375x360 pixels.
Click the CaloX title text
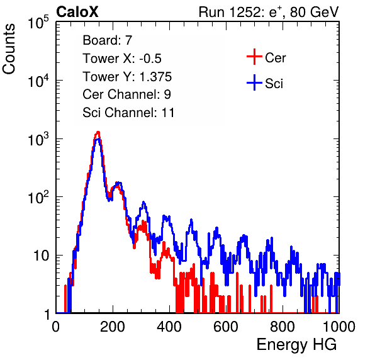(77, 12)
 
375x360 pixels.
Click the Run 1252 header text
(269, 12)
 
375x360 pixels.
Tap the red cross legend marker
(254, 57)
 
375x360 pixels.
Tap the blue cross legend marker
(254, 82)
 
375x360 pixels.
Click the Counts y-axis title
(9, 49)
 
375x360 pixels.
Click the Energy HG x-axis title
(296, 345)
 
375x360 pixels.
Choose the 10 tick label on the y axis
(41, 256)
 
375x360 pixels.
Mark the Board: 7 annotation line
(108, 40)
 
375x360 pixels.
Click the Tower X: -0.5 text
(122, 59)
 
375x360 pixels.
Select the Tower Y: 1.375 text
(127, 77)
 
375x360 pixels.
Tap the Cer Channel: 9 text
(126, 94)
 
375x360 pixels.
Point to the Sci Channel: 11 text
(128, 113)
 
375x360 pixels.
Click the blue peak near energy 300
(143, 202)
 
